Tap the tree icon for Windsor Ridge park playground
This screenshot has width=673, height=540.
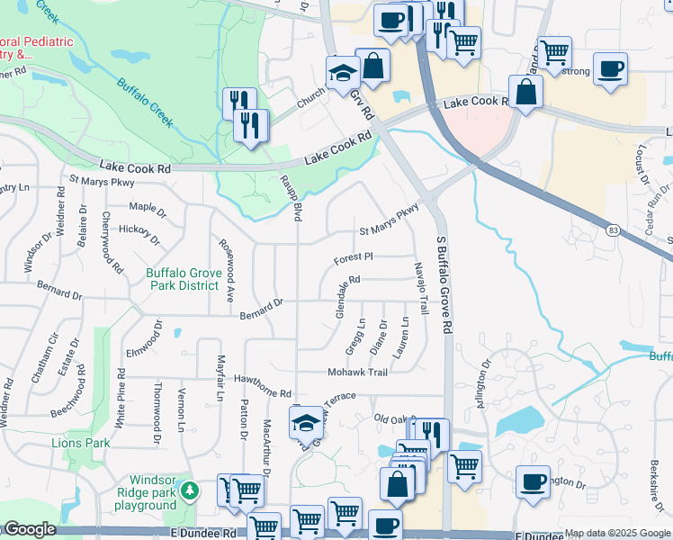[x=189, y=490]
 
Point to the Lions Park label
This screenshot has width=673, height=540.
[x=81, y=443]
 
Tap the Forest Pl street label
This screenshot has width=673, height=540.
[x=354, y=257]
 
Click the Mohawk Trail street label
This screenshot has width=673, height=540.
[x=358, y=373]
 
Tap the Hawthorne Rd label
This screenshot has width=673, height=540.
[x=263, y=387]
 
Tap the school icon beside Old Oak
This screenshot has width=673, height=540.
[x=306, y=422]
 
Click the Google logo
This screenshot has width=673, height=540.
[x=30, y=529]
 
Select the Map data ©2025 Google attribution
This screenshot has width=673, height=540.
[x=616, y=534]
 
